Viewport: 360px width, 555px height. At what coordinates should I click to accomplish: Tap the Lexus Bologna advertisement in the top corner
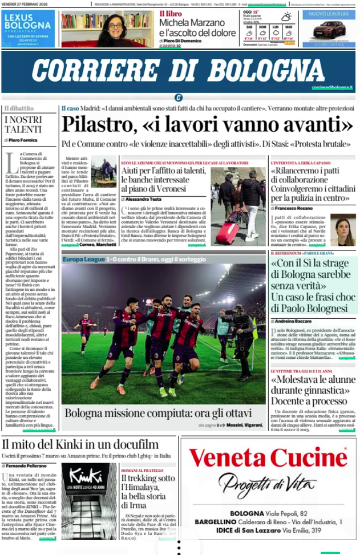(29, 29)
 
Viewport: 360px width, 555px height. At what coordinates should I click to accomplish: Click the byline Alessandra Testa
(144, 199)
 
